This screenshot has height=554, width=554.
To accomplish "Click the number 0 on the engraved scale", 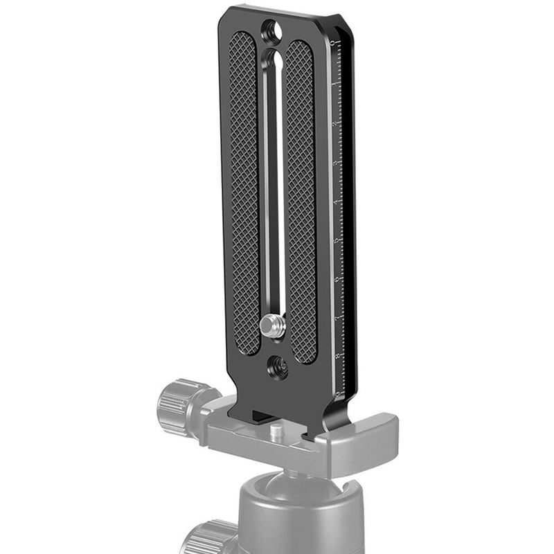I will (x=334, y=44).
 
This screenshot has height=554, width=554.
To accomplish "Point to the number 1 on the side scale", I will (x=334, y=84).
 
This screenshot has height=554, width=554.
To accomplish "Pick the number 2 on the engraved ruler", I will (x=335, y=123).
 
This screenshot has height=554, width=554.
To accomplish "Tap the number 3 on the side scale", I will (x=336, y=163).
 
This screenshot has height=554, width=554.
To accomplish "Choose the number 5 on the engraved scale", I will (x=337, y=240).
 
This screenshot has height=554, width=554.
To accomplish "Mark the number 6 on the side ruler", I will (x=337, y=279).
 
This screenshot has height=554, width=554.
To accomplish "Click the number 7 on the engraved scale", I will (x=337, y=318).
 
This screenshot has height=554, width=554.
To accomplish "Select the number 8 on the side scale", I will (x=337, y=356).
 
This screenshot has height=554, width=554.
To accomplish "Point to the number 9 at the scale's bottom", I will (x=337, y=393).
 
